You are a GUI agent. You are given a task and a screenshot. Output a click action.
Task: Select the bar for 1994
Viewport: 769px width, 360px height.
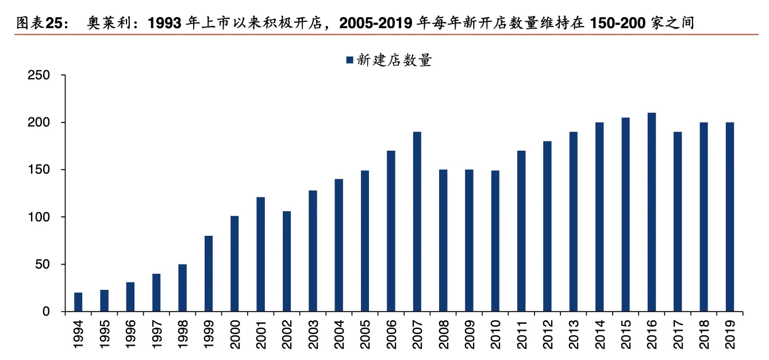tap(78, 302)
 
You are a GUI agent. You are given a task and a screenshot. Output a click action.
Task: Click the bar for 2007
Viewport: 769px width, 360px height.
tap(417, 222)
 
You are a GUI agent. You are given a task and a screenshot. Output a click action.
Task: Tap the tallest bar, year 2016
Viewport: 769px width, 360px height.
tap(652, 212)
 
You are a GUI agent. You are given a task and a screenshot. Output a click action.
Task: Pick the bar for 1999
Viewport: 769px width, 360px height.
tap(209, 274)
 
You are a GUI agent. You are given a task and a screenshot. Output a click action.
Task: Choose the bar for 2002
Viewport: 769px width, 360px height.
tap(287, 261)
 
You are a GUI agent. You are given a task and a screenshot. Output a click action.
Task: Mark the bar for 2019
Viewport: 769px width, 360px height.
tap(730, 217)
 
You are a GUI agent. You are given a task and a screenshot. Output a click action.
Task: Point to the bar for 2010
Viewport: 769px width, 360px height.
tap(495, 241)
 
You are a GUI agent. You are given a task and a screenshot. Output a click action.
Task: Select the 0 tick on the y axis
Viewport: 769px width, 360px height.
tap(48, 312)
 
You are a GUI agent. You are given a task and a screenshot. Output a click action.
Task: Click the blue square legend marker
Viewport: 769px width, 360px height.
tap(349, 60)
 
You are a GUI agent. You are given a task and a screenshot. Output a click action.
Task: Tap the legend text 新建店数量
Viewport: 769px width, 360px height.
tap(394, 60)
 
